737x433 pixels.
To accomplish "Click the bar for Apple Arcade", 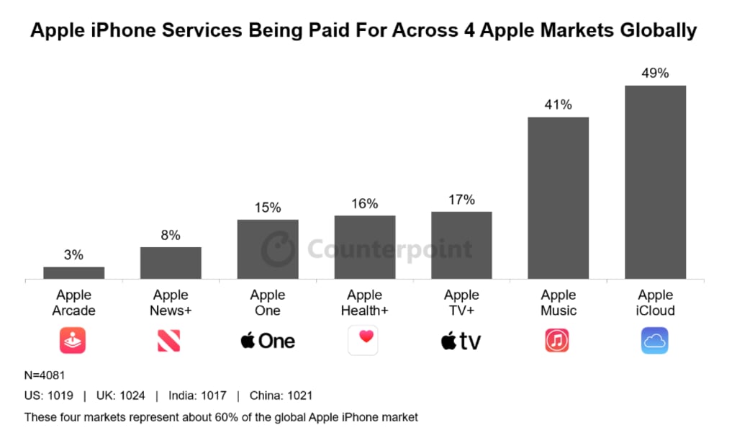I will [73, 272].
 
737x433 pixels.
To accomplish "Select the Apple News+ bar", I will [171, 263].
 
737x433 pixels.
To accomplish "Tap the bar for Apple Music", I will [558, 197].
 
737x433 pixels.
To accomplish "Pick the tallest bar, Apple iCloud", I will [655, 182].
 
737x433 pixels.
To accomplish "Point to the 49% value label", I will [655, 73].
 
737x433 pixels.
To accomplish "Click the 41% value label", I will [558, 104].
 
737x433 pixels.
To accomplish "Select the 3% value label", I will [73, 254].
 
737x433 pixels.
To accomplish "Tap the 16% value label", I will [364, 203].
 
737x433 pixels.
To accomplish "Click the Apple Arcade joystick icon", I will [73, 340].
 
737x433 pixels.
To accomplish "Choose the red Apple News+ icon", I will [169, 340].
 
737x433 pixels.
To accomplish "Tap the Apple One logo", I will [268, 340].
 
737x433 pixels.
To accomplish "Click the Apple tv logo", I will [461, 340].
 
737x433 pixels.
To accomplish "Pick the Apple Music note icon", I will [558, 340].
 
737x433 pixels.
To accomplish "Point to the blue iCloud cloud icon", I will [655, 340].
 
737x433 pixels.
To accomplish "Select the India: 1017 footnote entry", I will [197, 396].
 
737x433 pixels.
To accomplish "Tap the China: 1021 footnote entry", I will [281, 396].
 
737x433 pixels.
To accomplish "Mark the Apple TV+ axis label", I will [461, 303].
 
